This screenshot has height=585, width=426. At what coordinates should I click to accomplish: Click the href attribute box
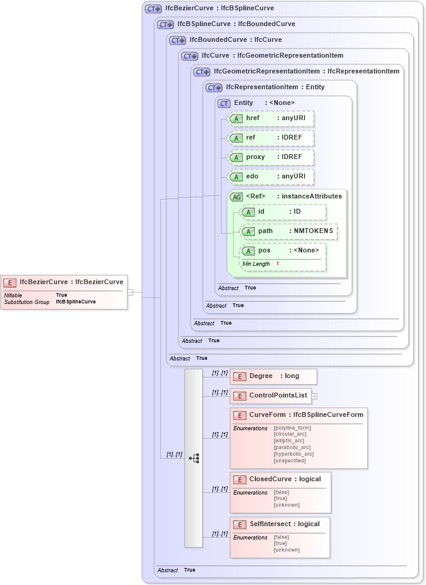tap(271, 118)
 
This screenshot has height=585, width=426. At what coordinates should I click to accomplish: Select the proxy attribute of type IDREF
tap(271, 157)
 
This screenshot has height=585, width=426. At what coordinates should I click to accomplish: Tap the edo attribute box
tap(271, 177)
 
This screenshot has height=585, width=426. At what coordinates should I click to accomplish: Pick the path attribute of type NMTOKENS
tap(289, 231)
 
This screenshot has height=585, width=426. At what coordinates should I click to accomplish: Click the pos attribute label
tap(265, 251)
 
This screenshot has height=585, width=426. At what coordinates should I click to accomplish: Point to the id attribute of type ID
tap(283, 212)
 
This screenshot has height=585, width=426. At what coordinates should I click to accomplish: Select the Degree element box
tap(274, 376)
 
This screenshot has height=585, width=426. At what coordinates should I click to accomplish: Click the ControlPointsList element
tap(271, 396)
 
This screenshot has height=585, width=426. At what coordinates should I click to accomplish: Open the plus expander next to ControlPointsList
tap(314, 396)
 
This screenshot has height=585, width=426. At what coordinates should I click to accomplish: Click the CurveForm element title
tap(306, 415)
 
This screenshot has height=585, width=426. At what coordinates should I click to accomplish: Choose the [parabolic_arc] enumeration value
tap(292, 447)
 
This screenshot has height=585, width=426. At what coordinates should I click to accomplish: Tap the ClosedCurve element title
tap(285, 479)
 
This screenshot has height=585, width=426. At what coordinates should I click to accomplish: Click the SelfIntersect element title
tap(284, 524)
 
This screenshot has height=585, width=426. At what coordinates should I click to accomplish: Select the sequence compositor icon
tap(194, 458)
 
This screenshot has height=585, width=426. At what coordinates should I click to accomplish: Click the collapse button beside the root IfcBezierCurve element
tap(130, 292)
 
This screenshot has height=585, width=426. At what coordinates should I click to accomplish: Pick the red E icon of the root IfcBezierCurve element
tap(10, 282)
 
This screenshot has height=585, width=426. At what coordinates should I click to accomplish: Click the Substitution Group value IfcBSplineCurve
tap(76, 302)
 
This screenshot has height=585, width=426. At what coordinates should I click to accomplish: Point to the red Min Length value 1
tap(277, 264)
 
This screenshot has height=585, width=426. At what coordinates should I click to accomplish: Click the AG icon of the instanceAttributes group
tap(236, 197)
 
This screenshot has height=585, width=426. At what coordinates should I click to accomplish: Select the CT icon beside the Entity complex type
tap(224, 103)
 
